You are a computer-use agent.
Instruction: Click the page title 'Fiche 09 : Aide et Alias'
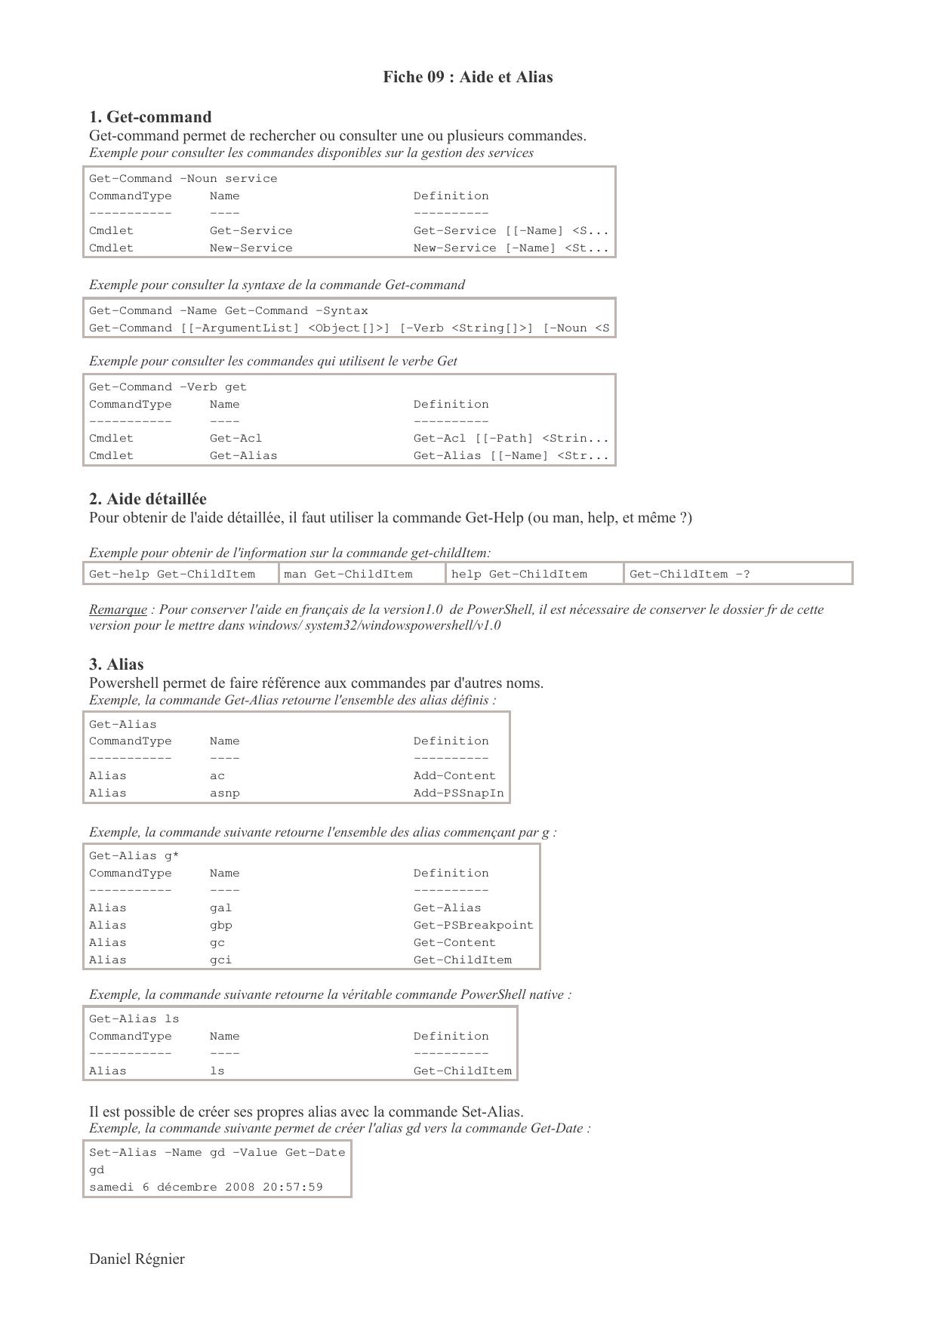[x=467, y=77]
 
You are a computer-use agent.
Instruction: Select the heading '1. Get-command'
[x=150, y=117]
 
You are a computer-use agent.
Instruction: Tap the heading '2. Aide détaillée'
[x=147, y=499]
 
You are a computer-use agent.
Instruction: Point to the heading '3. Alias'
[x=116, y=664]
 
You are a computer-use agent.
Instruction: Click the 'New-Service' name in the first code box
[x=251, y=248]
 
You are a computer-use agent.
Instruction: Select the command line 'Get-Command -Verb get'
[x=168, y=387]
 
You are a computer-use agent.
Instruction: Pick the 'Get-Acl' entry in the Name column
[x=236, y=439]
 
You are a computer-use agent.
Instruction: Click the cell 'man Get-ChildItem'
[x=348, y=575]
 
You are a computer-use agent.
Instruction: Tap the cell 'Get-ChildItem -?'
[x=689, y=575]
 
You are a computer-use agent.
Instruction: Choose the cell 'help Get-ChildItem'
[x=519, y=575]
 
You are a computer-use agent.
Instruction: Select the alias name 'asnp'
[x=224, y=793]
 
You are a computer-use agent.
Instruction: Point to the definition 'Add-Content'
[x=454, y=776]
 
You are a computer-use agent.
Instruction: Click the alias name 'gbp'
[x=220, y=926]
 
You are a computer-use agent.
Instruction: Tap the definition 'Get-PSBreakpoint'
[x=473, y=926]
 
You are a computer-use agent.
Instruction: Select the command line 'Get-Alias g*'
[x=134, y=856]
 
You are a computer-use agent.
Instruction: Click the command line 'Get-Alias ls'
[x=134, y=1019]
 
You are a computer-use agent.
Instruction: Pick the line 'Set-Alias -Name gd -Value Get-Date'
[x=217, y=1153]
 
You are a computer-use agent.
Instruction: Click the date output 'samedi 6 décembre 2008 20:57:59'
[x=205, y=1188]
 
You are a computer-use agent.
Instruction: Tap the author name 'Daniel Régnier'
[x=137, y=1259]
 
